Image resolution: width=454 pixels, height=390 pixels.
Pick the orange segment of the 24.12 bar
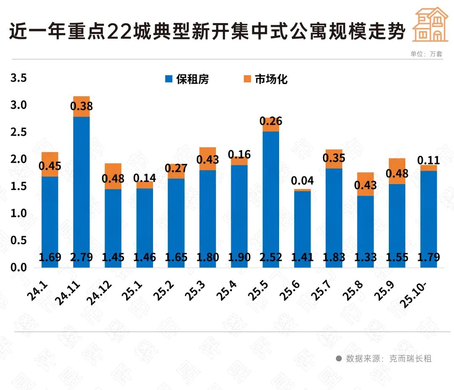(113, 176)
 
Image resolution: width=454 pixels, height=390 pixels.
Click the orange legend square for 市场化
(247, 79)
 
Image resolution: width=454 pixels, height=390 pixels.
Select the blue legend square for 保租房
(169, 79)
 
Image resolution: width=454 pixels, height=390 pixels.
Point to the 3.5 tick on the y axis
(18, 78)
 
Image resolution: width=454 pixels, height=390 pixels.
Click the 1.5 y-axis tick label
(18, 187)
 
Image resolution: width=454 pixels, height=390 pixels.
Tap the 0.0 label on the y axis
(18, 268)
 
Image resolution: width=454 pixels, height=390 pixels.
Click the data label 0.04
(302, 181)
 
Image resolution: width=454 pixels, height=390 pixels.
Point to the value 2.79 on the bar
(82, 257)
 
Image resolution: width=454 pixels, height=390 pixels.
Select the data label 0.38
(82, 107)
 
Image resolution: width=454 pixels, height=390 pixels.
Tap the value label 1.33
(365, 257)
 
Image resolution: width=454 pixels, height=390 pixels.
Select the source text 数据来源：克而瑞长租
(388, 358)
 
